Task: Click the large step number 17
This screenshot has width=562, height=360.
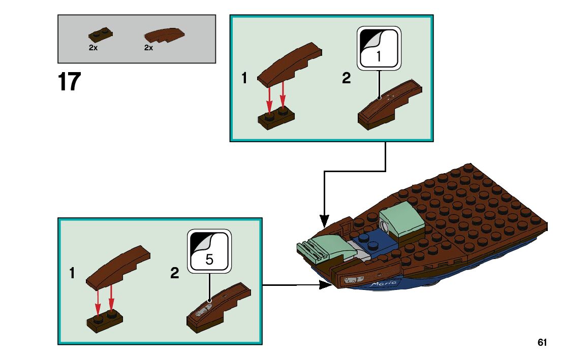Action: pyautogui.click(x=69, y=82)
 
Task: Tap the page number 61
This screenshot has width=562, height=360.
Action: pyautogui.click(x=542, y=342)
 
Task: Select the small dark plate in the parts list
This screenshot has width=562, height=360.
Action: pyautogui.click(x=101, y=35)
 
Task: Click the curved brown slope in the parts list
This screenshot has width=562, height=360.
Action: pyautogui.click(x=164, y=35)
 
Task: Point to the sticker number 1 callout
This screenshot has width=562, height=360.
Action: pyautogui.click(x=379, y=48)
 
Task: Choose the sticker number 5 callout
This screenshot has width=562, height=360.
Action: pyautogui.click(x=209, y=251)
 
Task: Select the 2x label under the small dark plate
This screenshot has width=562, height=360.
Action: pyautogui.click(x=93, y=48)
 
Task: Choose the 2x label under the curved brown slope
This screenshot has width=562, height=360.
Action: pyautogui.click(x=148, y=48)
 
